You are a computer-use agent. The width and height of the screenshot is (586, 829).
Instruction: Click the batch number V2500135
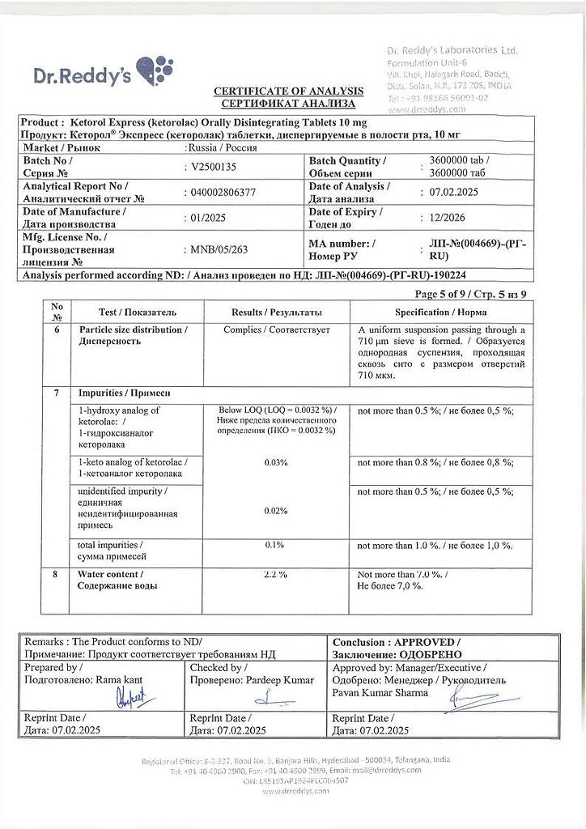213,167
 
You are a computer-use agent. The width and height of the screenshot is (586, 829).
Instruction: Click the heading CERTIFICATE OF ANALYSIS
288,91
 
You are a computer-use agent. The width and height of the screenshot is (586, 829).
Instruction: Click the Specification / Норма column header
441,312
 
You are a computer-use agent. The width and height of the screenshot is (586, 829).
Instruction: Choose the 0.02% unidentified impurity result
276,510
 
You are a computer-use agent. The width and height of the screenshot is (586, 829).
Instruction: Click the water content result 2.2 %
276,574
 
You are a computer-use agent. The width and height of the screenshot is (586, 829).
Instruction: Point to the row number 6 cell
57,330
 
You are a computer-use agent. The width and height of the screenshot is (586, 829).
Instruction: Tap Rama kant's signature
130,698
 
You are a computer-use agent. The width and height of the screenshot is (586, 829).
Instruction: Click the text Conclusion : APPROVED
396,641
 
